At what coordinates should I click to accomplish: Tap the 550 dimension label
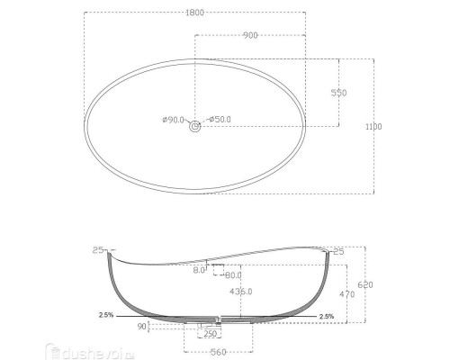tap(339, 94)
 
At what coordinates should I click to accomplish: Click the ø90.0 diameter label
tap(174, 120)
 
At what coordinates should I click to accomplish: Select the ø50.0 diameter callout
tap(220, 120)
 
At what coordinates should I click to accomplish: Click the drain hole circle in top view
tap(194, 128)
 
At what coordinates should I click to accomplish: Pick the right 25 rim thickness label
tap(338, 252)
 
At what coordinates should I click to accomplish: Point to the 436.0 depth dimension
tap(241, 292)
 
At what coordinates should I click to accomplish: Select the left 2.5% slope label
tap(108, 316)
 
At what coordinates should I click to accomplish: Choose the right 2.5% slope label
tap(326, 317)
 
